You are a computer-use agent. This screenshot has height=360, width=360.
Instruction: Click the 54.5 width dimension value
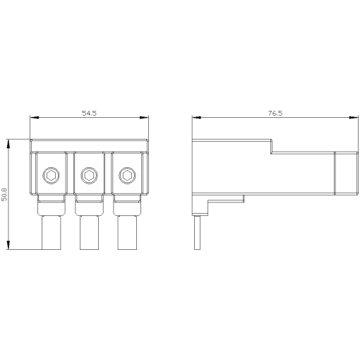point(89,113)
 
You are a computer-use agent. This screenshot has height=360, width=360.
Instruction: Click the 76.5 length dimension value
point(275,113)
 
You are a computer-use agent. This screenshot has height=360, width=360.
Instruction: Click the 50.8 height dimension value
point(4,194)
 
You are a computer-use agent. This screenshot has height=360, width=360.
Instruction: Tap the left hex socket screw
point(51,176)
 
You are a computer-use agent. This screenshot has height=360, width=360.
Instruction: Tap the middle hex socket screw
point(89,176)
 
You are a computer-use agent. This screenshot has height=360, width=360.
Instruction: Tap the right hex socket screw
point(127,176)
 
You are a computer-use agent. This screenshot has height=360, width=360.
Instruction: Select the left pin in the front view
point(52,232)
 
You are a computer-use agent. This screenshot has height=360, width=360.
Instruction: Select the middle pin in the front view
point(89,232)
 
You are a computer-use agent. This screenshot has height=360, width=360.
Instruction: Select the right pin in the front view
point(127,232)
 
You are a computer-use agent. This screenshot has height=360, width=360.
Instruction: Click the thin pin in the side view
point(197,232)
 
